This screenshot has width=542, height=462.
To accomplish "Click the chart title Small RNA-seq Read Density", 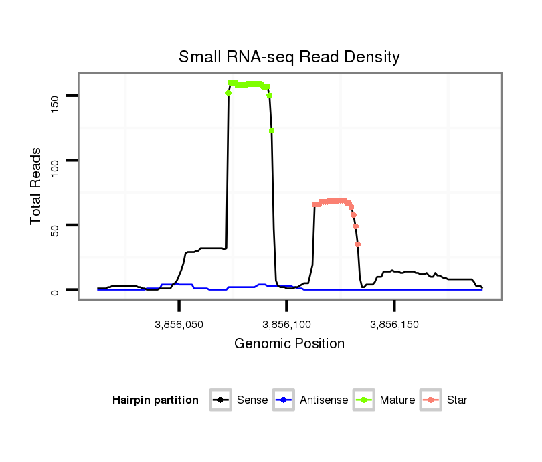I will [289, 57].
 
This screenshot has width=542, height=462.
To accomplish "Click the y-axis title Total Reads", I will [37, 186].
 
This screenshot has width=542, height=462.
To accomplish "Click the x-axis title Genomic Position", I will [289, 344].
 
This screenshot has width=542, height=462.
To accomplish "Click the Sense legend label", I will [252, 400].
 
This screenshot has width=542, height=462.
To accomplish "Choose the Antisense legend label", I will [324, 400].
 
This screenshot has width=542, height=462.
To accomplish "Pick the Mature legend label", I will [397, 400].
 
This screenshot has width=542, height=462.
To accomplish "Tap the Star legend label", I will [457, 400].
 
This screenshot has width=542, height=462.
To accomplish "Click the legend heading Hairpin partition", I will [155, 400].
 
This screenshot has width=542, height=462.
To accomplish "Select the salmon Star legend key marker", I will [431, 400].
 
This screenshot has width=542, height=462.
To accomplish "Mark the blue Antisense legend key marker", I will [284, 400].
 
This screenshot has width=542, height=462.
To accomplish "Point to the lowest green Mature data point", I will [272, 131].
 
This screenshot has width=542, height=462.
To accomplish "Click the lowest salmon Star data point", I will [358, 244].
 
